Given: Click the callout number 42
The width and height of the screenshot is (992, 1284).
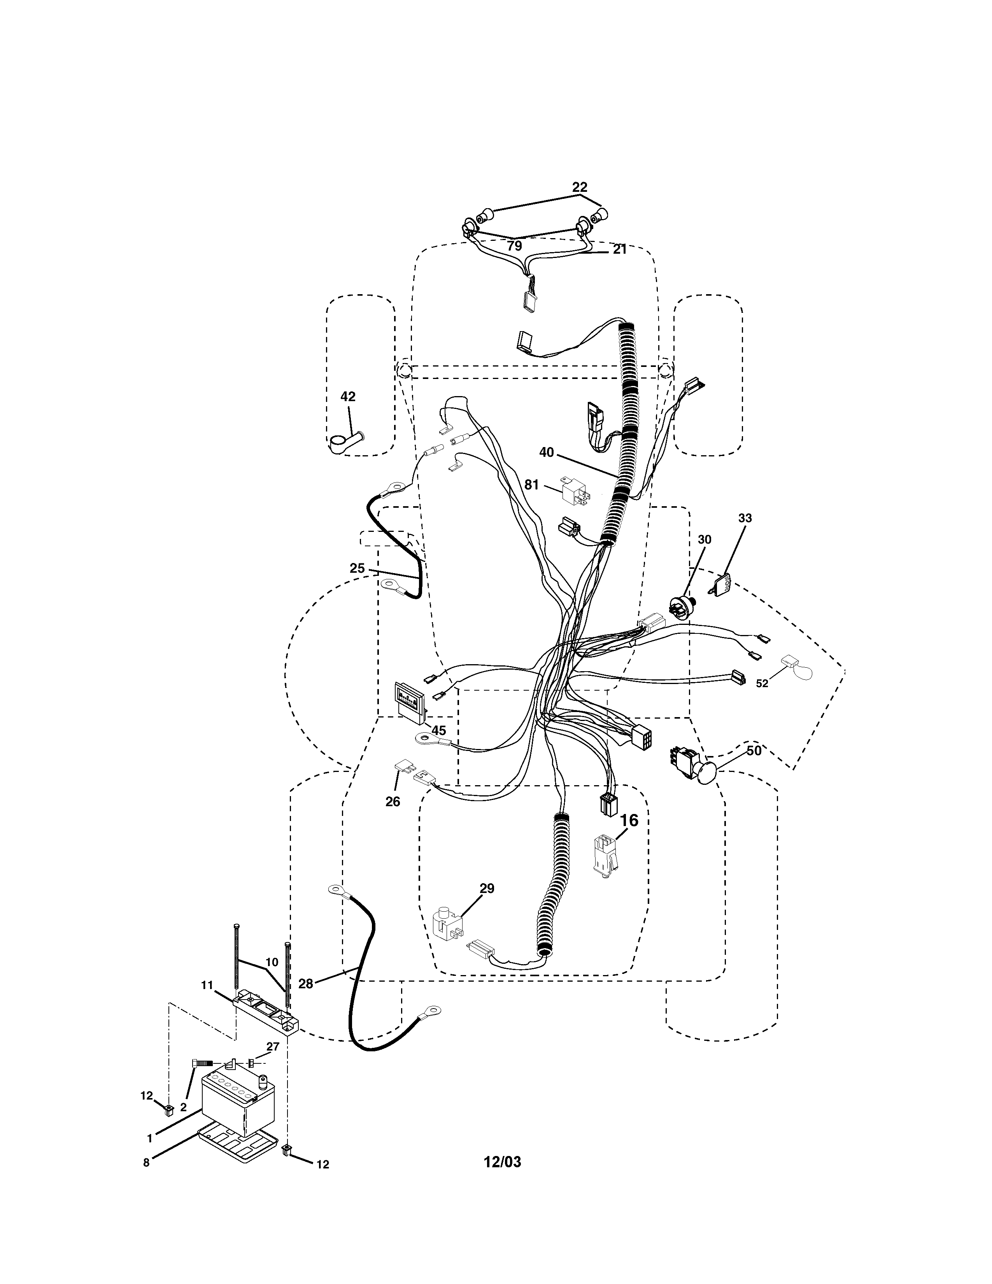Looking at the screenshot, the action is (x=348, y=397).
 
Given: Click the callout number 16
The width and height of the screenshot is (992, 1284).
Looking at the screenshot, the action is (x=629, y=820).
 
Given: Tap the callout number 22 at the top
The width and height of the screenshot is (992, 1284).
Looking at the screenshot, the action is (x=580, y=187).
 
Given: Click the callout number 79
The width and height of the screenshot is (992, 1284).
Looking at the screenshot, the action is (x=514, y=246).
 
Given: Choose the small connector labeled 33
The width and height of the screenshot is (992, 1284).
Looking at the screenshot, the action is (x=722, y=584).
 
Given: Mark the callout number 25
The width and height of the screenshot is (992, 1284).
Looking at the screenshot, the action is (x=357, y=568).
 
